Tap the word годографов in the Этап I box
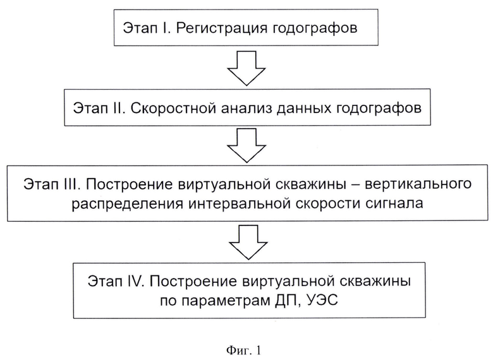pos(315,28)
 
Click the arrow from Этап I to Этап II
pos(246,68)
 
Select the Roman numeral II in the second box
pos(119,109)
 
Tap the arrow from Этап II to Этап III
pos(246,145)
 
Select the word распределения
pos(127,204)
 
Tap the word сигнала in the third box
pos(394,204)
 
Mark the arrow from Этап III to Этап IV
pos(248,242)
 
